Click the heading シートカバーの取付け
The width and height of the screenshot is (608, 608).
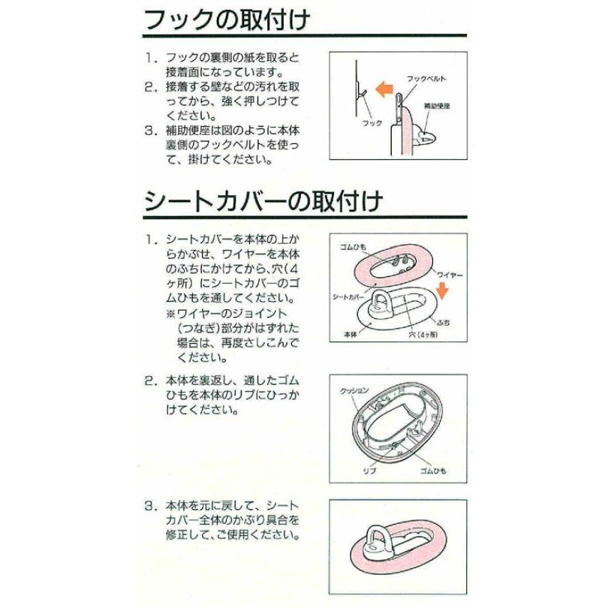click(x=263, y=201)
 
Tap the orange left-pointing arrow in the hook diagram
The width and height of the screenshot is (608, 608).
click(x=384, y=91)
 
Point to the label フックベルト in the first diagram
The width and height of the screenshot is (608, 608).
click(x=426, y=78)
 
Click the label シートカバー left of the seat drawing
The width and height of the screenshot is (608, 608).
click(x=346, y=296)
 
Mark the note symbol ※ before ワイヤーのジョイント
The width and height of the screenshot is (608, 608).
click(x=171, y=312)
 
